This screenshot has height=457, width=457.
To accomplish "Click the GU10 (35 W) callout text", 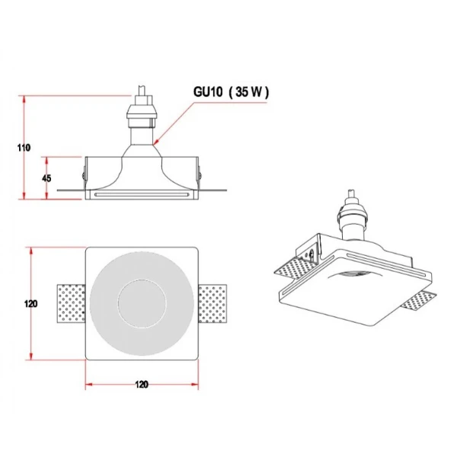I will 231,92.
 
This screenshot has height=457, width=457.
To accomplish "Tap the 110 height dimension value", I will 24,148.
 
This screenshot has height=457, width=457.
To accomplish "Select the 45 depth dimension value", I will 46,178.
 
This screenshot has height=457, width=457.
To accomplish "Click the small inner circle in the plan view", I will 142,304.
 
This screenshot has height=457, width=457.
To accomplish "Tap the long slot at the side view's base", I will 142,195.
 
